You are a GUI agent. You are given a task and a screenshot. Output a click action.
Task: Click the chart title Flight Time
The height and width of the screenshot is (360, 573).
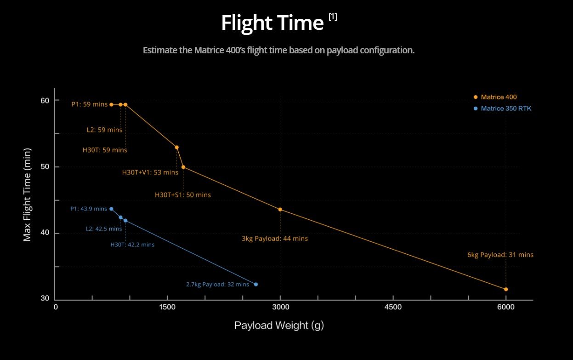272,23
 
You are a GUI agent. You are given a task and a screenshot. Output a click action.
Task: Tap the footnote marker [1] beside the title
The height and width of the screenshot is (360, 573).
333,17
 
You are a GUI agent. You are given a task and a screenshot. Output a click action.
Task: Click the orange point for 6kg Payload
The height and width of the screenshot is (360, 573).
506,289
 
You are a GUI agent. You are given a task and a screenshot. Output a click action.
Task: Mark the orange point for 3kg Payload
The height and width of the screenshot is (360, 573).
280,210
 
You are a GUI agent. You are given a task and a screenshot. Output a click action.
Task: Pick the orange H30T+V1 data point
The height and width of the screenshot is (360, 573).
176,147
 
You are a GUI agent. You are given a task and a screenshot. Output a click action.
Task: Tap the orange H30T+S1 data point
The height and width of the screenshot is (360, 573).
183,167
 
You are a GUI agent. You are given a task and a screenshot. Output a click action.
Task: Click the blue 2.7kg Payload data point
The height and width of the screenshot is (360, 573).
256,284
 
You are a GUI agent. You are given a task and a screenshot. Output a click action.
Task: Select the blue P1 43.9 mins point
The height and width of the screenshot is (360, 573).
111,209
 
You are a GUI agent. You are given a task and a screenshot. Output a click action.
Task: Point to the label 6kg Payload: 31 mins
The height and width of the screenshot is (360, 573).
500,255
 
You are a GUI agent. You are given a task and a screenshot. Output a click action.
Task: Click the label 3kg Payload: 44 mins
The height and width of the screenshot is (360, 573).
275,239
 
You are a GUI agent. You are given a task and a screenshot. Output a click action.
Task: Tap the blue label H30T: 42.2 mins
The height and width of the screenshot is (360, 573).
132,245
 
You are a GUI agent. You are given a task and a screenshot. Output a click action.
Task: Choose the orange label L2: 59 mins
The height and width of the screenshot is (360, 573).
105,130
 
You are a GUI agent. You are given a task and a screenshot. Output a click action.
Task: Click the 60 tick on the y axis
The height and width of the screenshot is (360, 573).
44,100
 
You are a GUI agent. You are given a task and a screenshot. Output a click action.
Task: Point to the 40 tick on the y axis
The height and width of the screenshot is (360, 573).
44,234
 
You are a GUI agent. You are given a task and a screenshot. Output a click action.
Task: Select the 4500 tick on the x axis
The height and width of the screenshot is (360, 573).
393,308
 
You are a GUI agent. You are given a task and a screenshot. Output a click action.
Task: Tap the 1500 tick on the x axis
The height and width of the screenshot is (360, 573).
167,308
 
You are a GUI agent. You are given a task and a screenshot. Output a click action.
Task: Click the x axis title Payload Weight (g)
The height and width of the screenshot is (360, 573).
279,326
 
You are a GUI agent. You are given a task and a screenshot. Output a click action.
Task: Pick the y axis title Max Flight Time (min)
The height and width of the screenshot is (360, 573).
27,194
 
